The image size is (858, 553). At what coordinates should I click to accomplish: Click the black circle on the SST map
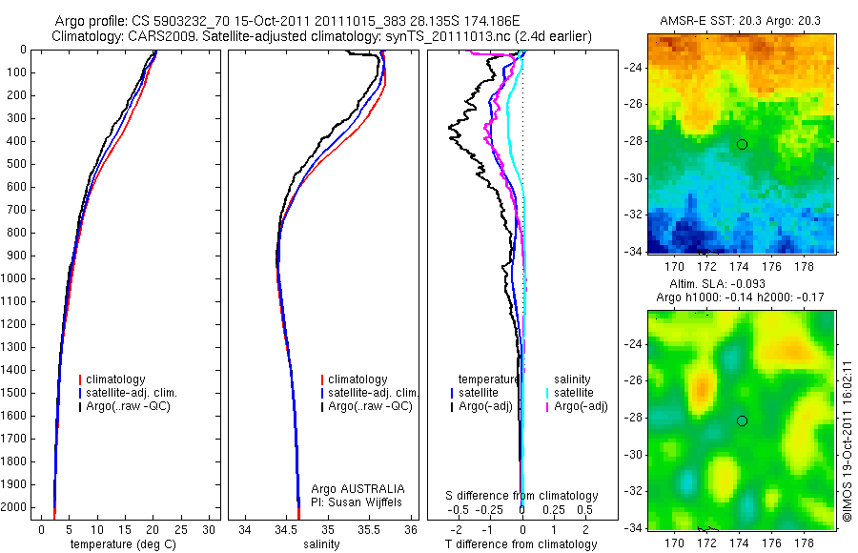click(742, 144)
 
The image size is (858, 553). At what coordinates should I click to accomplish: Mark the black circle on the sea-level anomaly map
click(742, 420)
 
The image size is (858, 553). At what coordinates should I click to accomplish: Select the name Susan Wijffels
click(365, 502)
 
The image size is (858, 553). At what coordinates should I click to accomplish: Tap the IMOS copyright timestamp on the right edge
click(846, 440)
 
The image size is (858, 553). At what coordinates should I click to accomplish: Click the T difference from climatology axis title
click(521, 544)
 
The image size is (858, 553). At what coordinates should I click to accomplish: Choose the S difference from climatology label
click(522, 496)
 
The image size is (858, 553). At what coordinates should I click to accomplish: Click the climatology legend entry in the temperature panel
click(118, 379)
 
